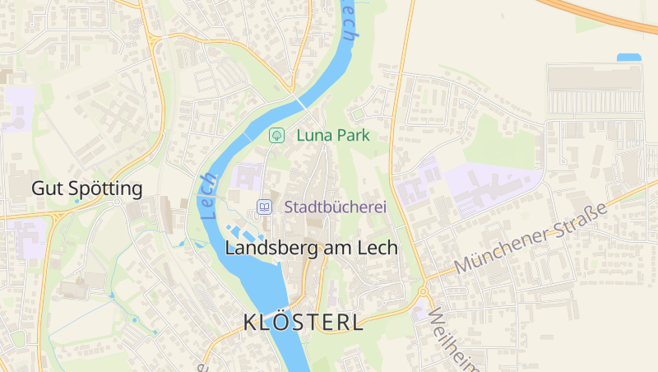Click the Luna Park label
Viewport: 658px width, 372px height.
(x=332, y=135)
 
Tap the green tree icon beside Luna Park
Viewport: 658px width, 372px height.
(x=277, y=135)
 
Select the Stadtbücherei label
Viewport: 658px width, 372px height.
(x=335, y=207)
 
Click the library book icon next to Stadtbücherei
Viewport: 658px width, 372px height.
(x=264, y=207)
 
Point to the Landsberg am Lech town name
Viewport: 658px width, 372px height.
(x=311, y=248)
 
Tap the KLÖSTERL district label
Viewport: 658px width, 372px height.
(x=303, y=323)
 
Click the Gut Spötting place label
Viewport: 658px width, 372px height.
(x=86, y=188)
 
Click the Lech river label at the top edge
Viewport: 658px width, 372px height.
(x=350, y=21)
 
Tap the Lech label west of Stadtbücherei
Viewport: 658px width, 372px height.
(x=207, y=196)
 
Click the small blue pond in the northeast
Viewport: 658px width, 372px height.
(x=628, y=58)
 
